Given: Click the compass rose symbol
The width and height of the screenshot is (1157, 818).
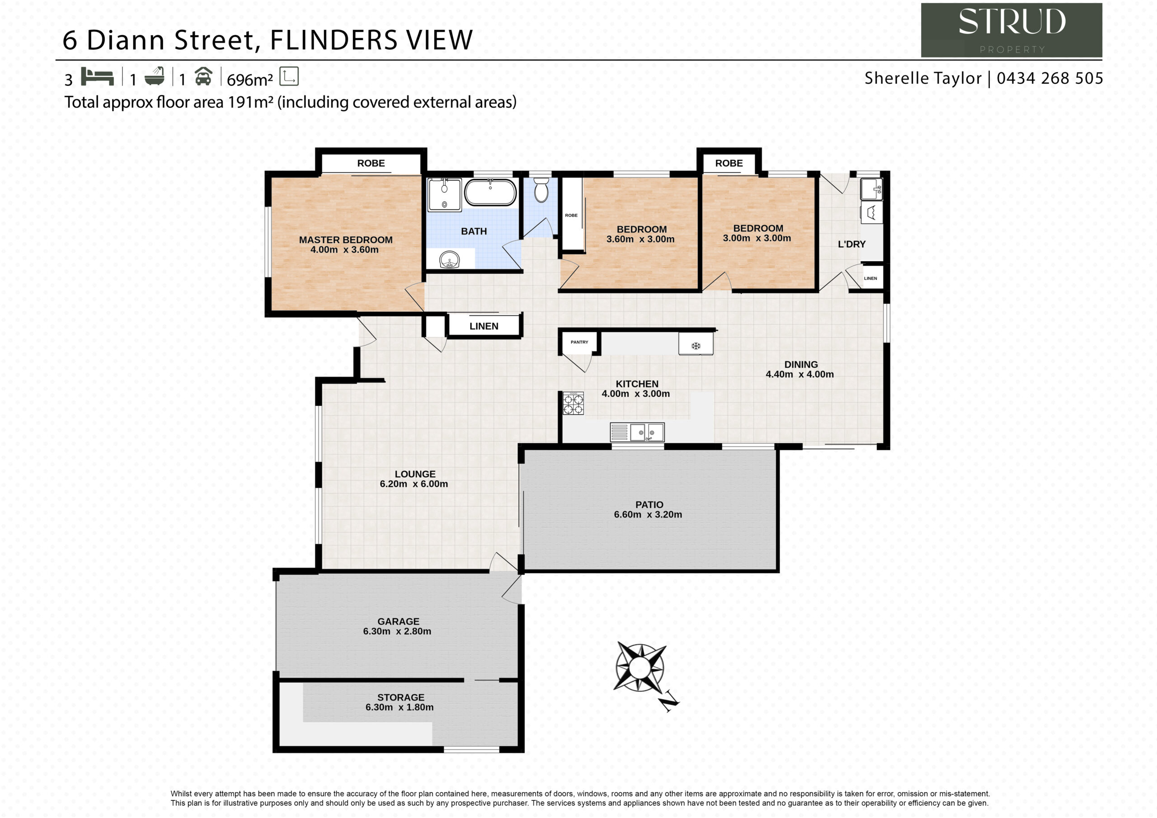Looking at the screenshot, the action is [x=640, y=668].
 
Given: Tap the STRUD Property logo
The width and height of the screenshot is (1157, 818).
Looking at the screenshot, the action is [x=1011, y=30].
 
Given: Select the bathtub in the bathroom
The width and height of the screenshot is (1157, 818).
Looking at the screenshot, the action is [x=490, y=192].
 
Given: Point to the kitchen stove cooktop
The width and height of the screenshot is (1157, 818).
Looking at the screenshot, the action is [x=574, y=403].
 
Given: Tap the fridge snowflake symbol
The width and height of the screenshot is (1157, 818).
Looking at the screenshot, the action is [x=696, y=346].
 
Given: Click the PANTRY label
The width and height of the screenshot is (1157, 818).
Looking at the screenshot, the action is [x=579, y=342].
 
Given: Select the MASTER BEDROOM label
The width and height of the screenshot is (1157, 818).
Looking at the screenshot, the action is [x=346, y=240].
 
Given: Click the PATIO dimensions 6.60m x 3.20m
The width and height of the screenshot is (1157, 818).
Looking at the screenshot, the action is [x=648, y=515].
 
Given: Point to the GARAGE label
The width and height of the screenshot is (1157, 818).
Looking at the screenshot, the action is [x=398, y=621].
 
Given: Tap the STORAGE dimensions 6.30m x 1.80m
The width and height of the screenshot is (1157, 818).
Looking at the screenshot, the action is [x=400, y=707].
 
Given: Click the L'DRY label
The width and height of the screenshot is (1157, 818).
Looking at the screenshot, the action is [x=851, y=244].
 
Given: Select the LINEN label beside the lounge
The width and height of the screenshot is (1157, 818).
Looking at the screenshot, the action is [x=484, y=326].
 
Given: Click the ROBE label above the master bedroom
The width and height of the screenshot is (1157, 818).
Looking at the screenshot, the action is [x=371, y=163].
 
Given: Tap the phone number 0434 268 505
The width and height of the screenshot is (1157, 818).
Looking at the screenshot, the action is [x=1050, y=78].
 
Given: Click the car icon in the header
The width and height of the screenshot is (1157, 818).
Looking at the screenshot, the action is [x=203, y=76].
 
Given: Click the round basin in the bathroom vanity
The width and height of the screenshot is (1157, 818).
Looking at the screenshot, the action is [x=449, y=260].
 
